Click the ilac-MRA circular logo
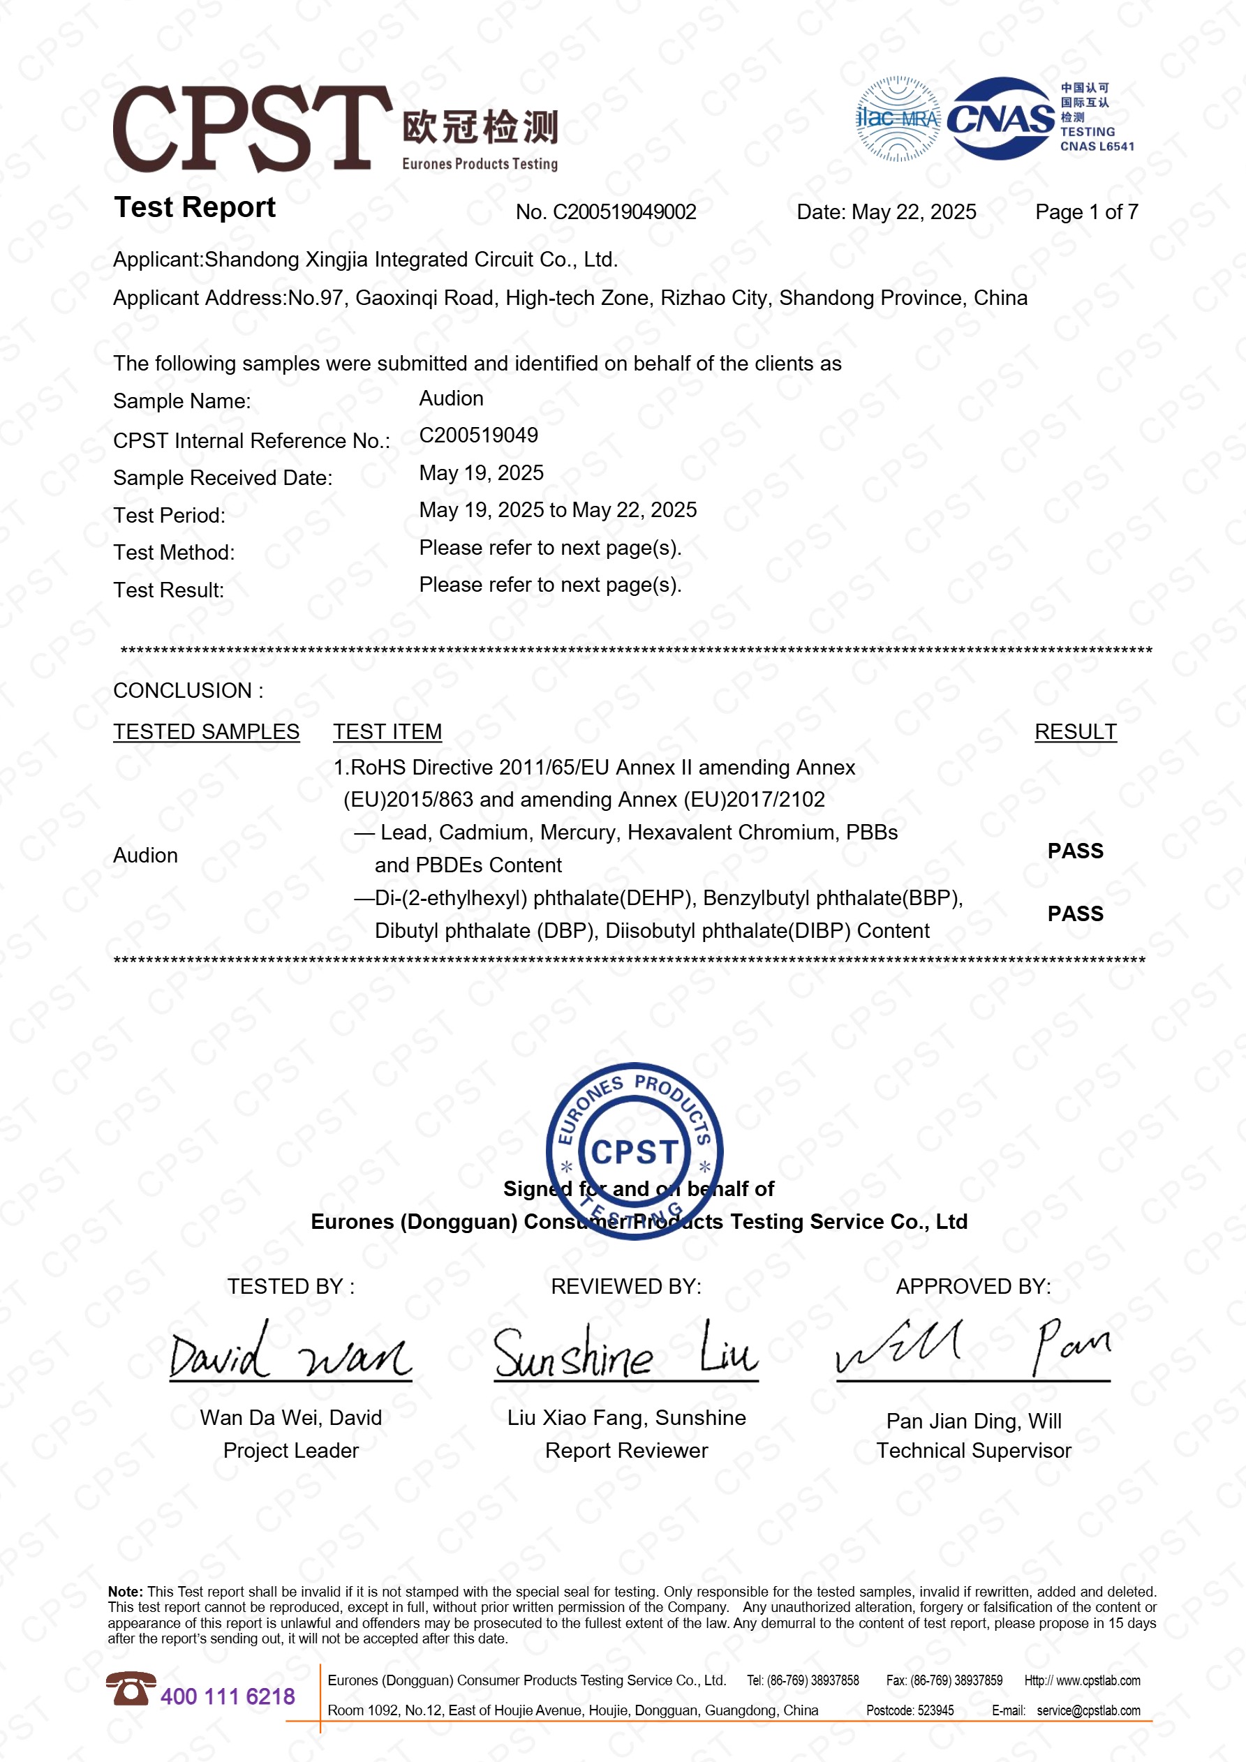[x=898, y=119]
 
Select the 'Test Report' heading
[x=194, y=207]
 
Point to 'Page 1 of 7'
[x=1085, y=212]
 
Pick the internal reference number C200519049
[x=478, y=435]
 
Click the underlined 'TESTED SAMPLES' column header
[x=206, y=731]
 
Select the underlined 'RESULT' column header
[x=1075, y=731]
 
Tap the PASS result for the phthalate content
[x=1075, y=913]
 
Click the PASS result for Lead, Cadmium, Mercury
[x=1075, y=851]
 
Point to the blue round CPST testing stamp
[x=634, y=1151]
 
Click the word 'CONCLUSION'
[x=183, y=691]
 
